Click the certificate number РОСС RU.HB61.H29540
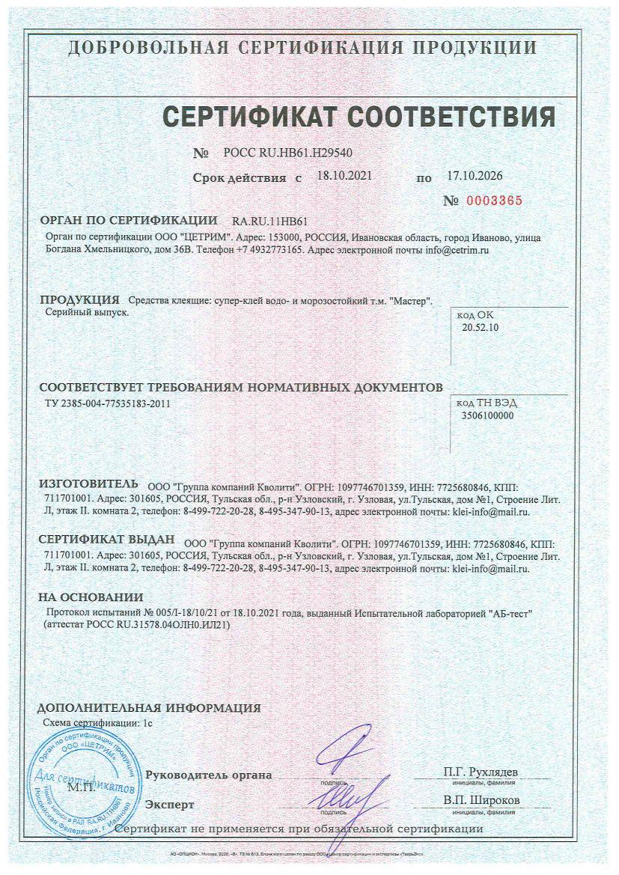(287, 153)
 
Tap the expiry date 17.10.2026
(475, 177)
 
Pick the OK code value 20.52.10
(481, 327)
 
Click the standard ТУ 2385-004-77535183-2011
(112, 403)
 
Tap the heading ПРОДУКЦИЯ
(79, 300)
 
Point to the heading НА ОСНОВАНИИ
(91, 597)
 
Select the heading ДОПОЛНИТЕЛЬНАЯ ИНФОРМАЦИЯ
(149, 707)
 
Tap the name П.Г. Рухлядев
(481, 772)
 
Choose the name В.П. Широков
(481, 800)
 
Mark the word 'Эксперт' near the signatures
(170, 805)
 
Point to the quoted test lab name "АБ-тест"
(509, 613)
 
